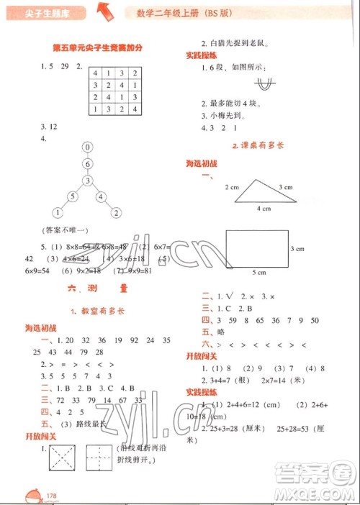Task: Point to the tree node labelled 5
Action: coord(71,196)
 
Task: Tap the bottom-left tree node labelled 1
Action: coord(57,212)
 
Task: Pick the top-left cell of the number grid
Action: coord(94,73)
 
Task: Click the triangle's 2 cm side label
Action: coord(231,187)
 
